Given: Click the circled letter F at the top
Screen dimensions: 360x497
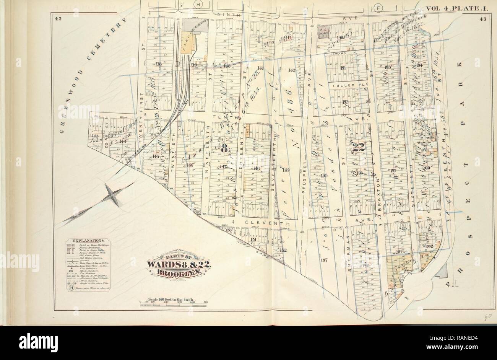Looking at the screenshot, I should [x=379, y=8].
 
